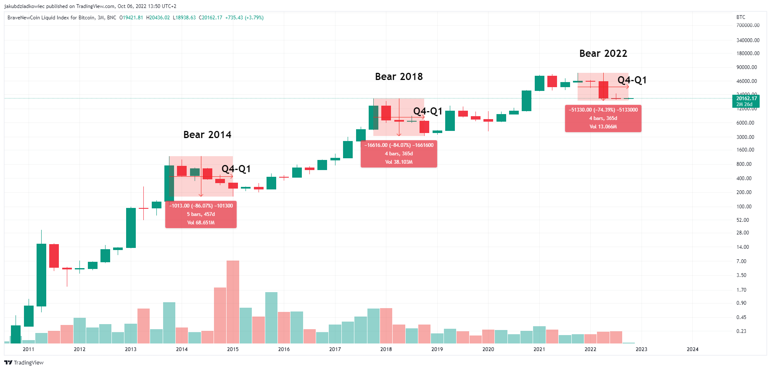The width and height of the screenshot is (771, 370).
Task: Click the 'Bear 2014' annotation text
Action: [x=207, y=135]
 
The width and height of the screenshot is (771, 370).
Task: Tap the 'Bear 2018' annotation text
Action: [x=399, y=77]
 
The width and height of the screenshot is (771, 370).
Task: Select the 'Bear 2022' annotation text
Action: [x=603, y=53]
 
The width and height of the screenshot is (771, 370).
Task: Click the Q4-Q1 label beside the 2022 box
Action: [x=632, y=80]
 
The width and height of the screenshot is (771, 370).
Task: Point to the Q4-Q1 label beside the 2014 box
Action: [x=236, y=169]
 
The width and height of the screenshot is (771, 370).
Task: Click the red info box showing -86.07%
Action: [x=201, y=214]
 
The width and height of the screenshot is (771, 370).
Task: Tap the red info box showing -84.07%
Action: [x=399, y=154]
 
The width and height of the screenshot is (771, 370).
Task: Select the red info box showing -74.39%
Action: [x=603, y=118]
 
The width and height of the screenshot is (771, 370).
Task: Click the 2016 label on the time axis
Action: [x=284, y=349]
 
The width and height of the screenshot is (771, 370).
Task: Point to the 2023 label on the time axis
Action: [x=641, y=349]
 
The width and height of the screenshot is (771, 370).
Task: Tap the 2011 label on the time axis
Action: [x=29, y=349]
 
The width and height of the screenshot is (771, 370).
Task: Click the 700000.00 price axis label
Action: [x=748, y=25]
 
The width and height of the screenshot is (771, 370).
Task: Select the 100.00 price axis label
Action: [x=744, y=207]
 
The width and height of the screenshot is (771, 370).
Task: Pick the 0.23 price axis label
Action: [x=741, y=331]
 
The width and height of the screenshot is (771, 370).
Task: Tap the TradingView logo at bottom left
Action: [x=24, y=363]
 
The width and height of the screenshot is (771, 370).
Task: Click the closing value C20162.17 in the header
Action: [x=211, y=18]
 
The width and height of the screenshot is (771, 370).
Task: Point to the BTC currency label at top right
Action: [x=741, y=17]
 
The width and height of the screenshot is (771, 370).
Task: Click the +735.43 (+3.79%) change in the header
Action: [x=244, y=18]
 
